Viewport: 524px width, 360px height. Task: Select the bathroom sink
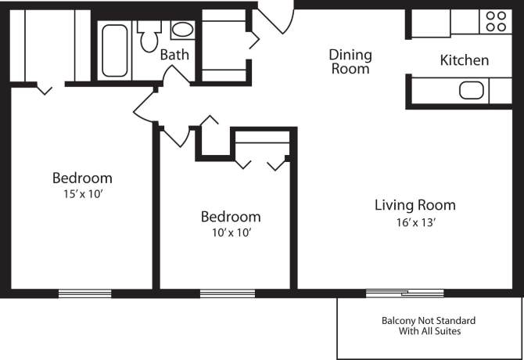[x=182, y=31]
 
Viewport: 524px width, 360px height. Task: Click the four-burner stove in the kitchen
[x=495, y=20]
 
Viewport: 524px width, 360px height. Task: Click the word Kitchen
[x=465, y=60]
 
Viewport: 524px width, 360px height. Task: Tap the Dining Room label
[x=350, y=61]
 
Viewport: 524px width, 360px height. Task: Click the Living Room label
[x=415, y=206]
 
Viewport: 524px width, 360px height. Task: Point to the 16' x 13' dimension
[x=415, y=222]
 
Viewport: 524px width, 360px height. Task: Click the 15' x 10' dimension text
[x=81, y=194]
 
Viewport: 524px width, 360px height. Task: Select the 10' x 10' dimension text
[x=230, y=232]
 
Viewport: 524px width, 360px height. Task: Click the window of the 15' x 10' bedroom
[x=84, y=293]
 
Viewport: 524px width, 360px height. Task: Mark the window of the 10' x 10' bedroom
[x=226, y=293]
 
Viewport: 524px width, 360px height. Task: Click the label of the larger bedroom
[x=81, y=178]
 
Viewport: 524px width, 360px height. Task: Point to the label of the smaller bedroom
[x=230, y=217]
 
